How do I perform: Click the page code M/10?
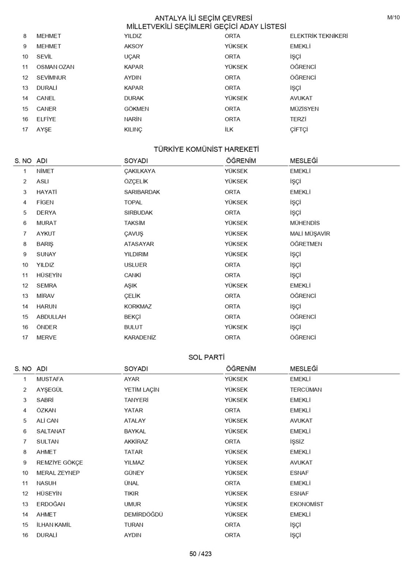point(393,18)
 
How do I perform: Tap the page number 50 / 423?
point(200,554)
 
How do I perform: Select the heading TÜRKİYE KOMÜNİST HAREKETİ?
point(206,150)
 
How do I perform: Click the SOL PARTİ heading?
point(206,357)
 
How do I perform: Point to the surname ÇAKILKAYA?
point(139,171)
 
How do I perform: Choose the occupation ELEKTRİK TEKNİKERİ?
point(319,36)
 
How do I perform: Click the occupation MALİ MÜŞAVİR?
point(310,234)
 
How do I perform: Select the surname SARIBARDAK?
point(142,192)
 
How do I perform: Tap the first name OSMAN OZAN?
point(55,67)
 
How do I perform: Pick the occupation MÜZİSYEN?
point(304,109)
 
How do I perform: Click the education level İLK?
point(229,130)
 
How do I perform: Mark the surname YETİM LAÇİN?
point(141,390)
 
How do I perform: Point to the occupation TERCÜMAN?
point(306,390)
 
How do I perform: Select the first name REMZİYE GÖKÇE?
point(60,463)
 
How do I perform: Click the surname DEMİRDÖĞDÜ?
point(143,515)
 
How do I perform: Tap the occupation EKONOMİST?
point(306,504)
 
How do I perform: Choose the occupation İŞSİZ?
point(297,442)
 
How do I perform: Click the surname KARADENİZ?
point(140,338)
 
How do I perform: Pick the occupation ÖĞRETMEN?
point(306,244)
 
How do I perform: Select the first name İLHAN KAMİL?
point(54,525)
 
